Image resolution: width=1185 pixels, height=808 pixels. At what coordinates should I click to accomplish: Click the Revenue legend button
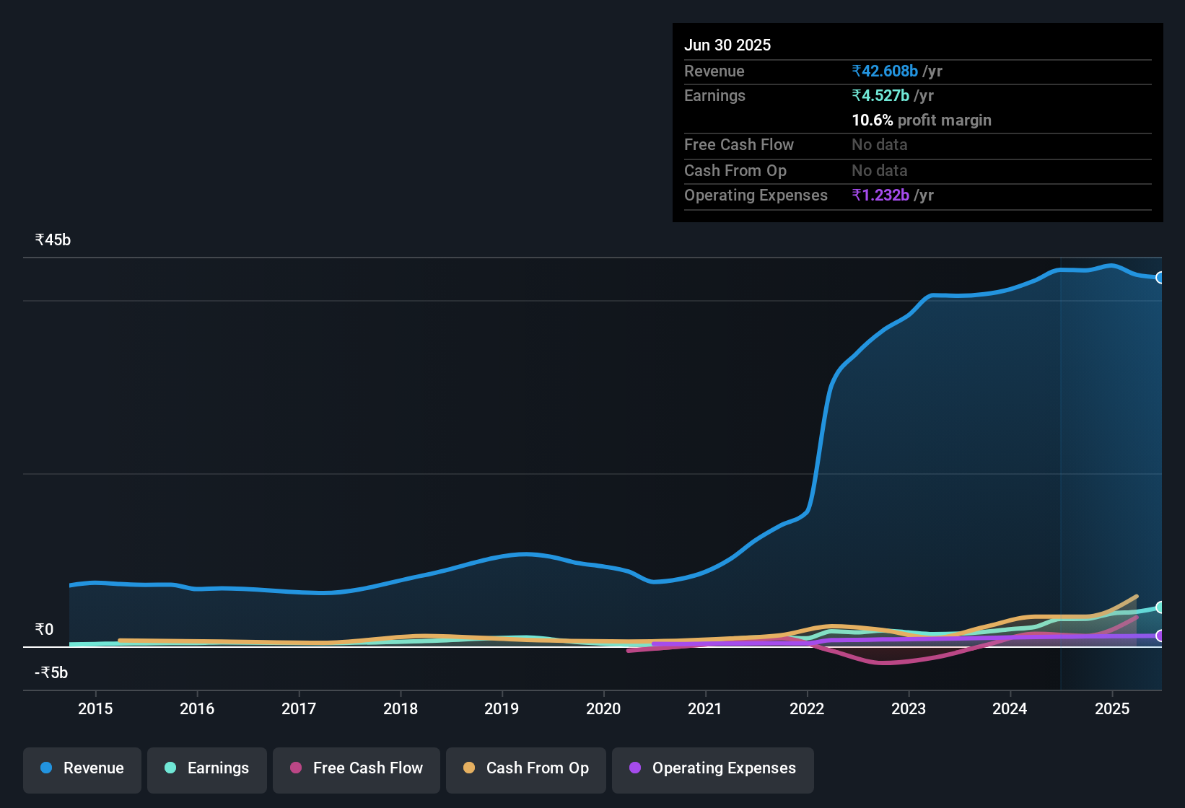click(x=82, y=768)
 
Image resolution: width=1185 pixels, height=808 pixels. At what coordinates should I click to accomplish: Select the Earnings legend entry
click(x=207, y=768)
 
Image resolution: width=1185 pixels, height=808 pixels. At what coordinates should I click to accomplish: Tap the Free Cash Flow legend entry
click(x=357, y=768)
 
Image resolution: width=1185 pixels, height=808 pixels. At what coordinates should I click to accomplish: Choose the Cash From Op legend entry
click(x=526, y=768)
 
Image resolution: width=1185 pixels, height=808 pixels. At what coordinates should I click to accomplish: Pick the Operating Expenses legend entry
click(x=713, y=768)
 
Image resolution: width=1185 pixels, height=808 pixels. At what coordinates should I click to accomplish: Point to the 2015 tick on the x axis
click(x=95, y=708)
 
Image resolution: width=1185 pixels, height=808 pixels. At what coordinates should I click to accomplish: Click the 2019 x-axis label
click(x=502, y=708)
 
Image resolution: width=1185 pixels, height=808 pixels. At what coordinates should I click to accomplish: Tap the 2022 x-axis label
click(x=807, y=708)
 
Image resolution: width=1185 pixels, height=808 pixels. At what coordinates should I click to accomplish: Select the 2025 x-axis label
click(x=1112, y=708)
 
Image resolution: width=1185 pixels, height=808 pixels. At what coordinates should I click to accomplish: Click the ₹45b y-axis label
click(x=53, y=240)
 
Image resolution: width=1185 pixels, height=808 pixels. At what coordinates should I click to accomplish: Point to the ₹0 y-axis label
click(x=44, y=630)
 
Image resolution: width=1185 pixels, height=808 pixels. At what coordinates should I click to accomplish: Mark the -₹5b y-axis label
click(x=51, y=673)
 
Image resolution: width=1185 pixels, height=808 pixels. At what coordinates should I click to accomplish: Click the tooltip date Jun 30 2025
click(x=727, y=45)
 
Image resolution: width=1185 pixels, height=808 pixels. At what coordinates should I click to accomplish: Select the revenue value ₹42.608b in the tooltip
click(x=885, y=71)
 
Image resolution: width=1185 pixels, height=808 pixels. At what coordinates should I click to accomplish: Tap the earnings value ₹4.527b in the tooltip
click(x=880, y=95)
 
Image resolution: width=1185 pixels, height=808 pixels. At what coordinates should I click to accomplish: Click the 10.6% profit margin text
click(x=922, y=120)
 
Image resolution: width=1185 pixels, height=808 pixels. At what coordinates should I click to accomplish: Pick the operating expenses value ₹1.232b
click(x=880, y=196)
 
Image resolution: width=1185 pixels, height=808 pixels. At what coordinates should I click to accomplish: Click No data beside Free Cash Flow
click(x=880, y=145)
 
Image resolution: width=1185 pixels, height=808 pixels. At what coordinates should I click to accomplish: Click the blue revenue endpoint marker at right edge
click(x=1160, y=278)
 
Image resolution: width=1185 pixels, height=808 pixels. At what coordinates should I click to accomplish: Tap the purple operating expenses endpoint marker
click(x=1160, y=636)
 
